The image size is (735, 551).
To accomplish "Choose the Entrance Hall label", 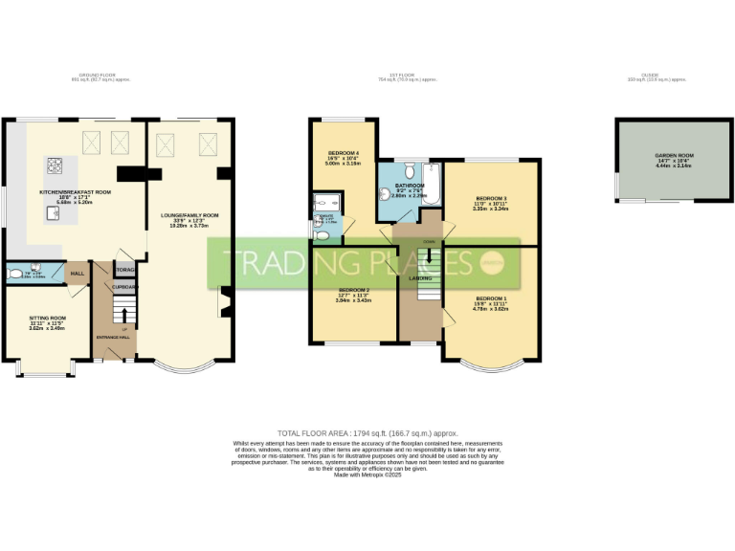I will pos(114,337).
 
